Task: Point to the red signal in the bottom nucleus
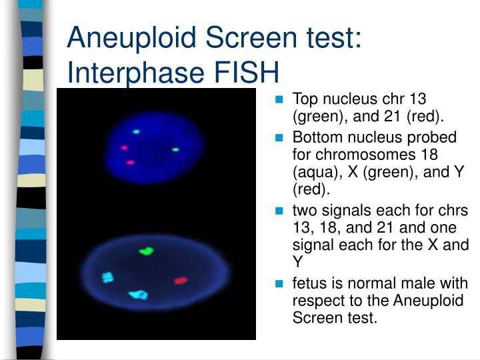(180, 281)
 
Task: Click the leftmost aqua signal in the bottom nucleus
(107, 277)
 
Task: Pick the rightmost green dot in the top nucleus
(176, 149)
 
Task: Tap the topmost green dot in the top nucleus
(137, 132)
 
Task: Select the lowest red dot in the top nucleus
(130, 162)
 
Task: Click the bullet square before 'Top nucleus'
(280, 101)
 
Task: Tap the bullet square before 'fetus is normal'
(280, 284)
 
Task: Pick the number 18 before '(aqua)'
(451, 155)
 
